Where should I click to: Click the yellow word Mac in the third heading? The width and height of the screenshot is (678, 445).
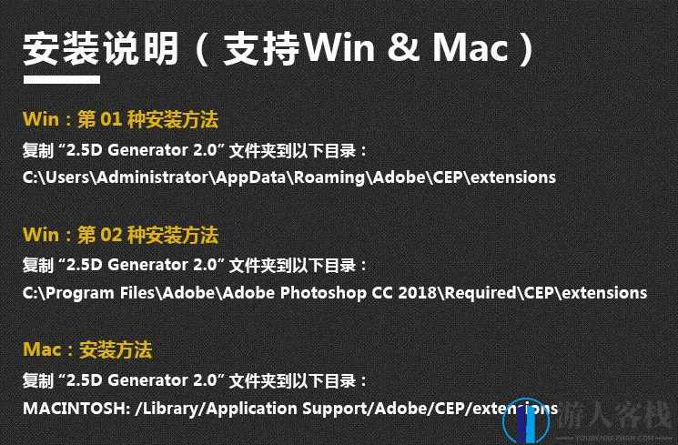pyautogui.click(x=42, y=349)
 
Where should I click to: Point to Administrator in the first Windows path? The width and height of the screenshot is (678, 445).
pyautogui.click(x=151, y=177)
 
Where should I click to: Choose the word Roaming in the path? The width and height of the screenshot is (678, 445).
pyautogui.click(x=327, y=177)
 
